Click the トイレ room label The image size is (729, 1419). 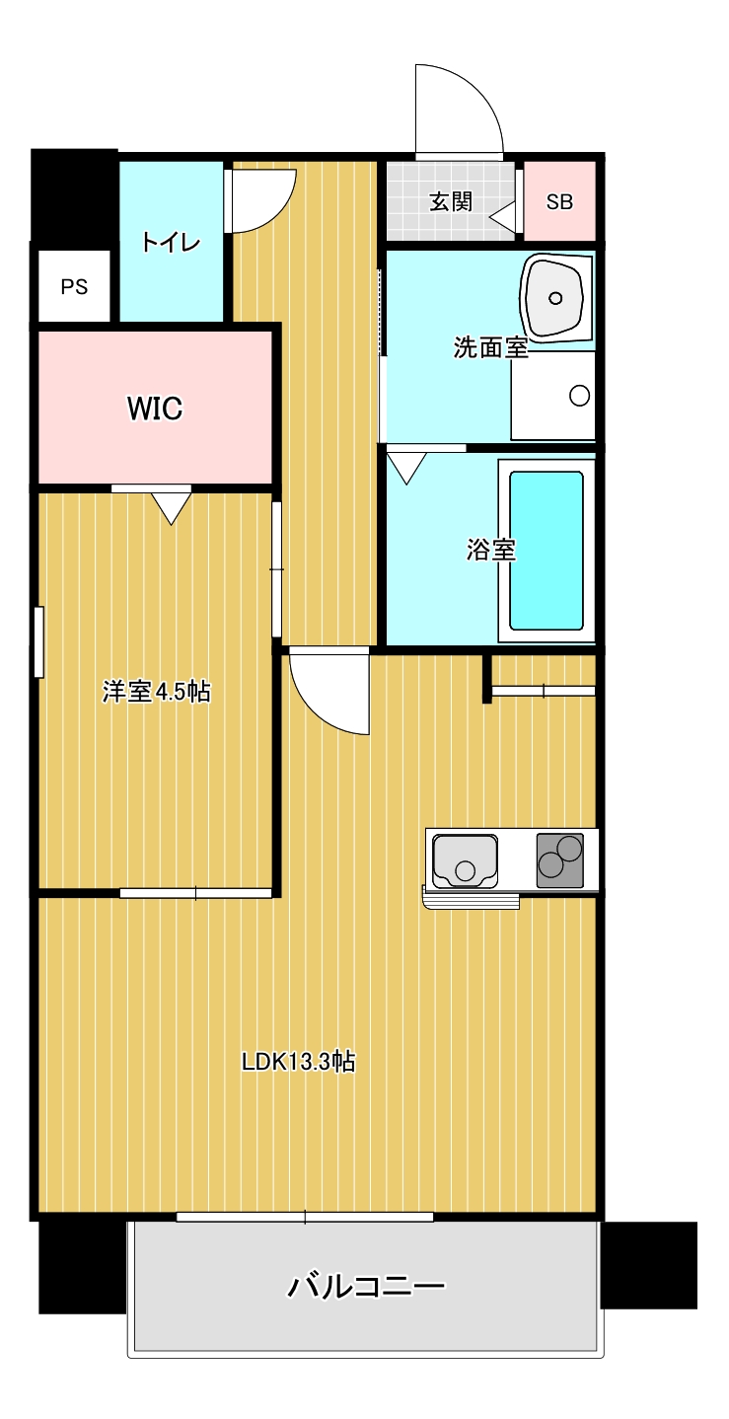(171, 242)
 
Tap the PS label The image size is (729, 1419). (74, 287)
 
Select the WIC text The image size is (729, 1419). (155, 409)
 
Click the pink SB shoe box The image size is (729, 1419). (559, 201)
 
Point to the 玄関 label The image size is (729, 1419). (451, 201)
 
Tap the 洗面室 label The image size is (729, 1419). (491, 347)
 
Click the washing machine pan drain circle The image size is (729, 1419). (579, 396)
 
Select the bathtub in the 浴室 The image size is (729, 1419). (546, 551)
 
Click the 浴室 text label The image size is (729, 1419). (491, 550)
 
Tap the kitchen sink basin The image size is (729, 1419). (465, 860)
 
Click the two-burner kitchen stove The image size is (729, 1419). (560, 860)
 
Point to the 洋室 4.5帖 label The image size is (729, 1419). (157, 691)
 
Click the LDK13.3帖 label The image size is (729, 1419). (298, 1061)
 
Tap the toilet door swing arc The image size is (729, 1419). (279, 212)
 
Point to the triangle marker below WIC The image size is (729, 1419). (171, 508)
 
